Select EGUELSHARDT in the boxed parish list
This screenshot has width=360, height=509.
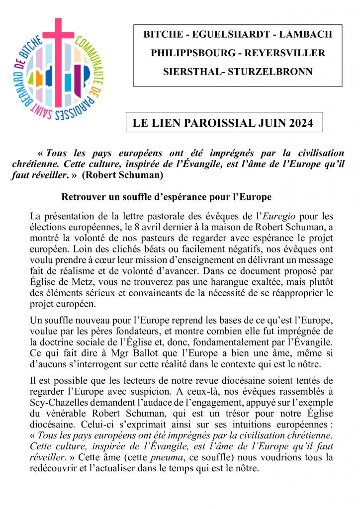click(x=222, y=35)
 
